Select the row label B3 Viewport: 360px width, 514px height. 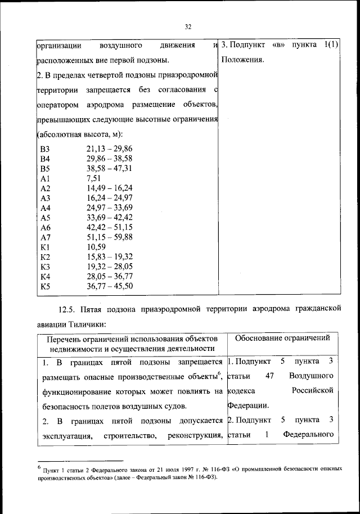(46, 148)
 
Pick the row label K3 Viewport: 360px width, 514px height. (46, 267)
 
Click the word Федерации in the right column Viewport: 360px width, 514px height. (247, 405)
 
